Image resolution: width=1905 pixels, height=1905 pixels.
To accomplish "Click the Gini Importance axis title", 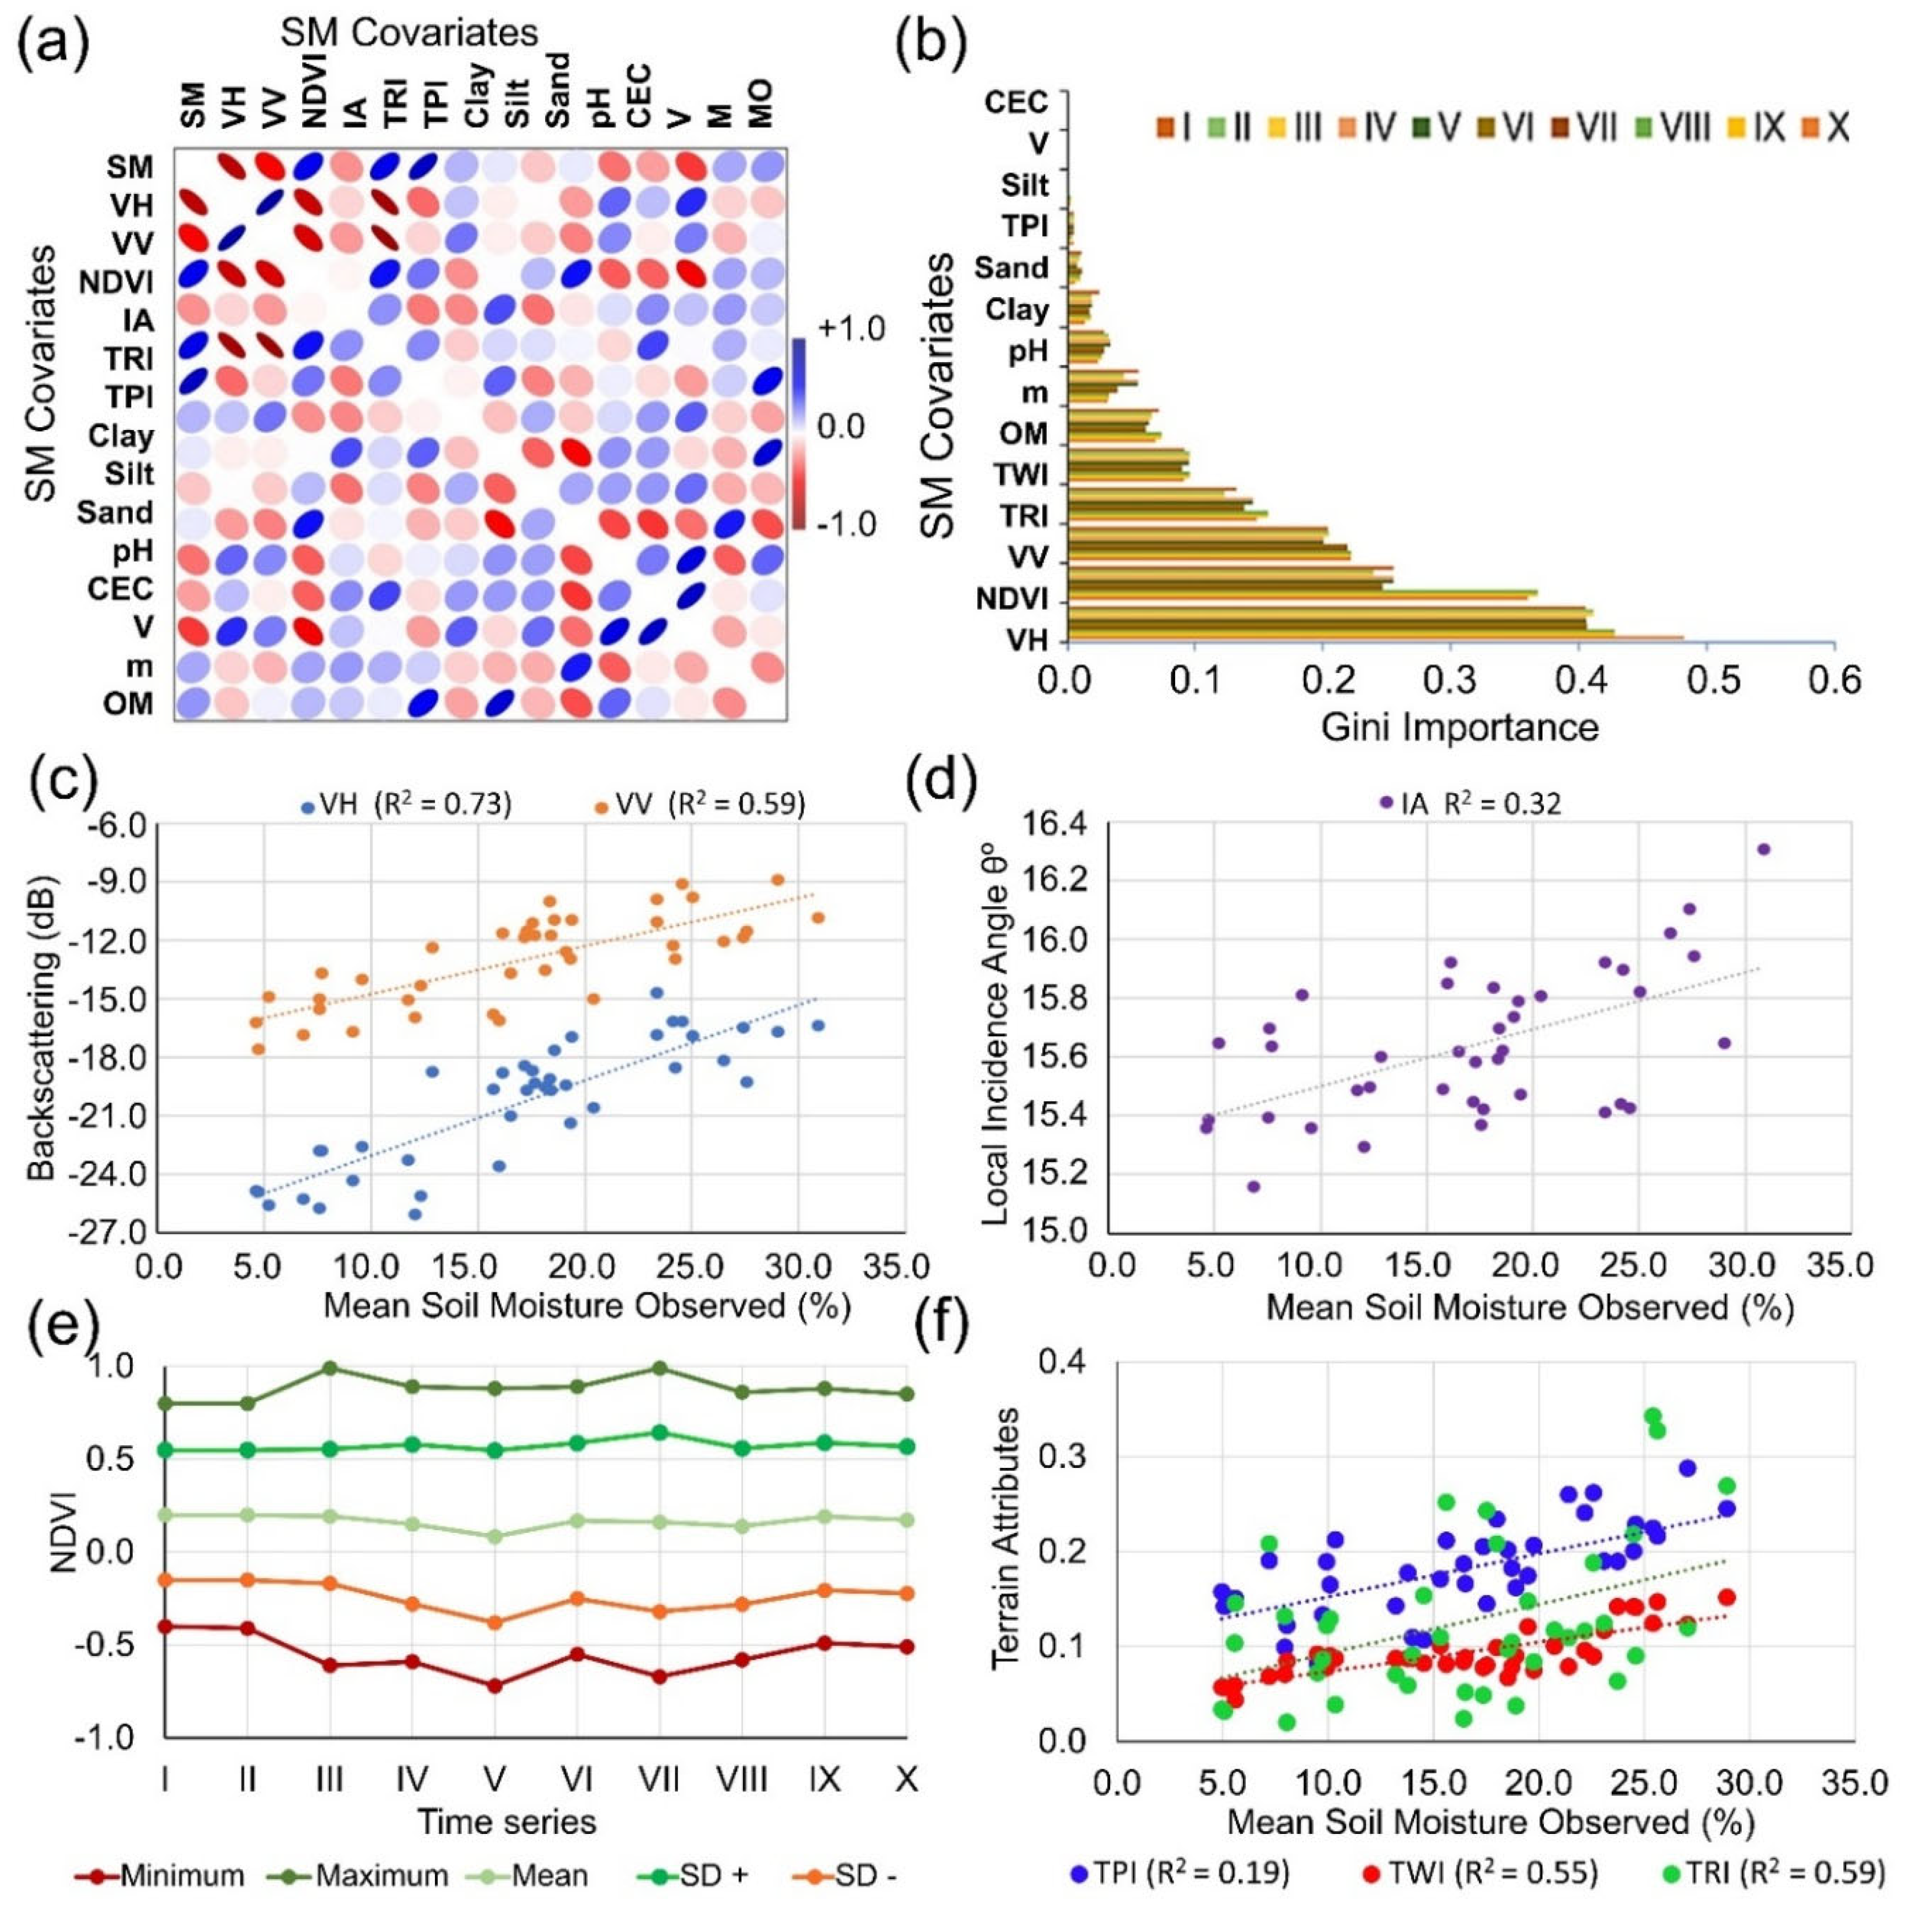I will tap(1459, 728).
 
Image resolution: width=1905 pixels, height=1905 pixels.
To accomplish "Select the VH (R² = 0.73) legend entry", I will tap(409, 805).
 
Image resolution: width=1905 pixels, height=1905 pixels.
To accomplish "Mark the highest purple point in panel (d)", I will tap(1764, 849).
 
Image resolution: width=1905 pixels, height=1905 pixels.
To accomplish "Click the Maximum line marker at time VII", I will tap(661, 1369).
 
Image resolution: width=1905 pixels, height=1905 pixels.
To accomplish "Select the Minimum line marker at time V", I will tap(495, 1685).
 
